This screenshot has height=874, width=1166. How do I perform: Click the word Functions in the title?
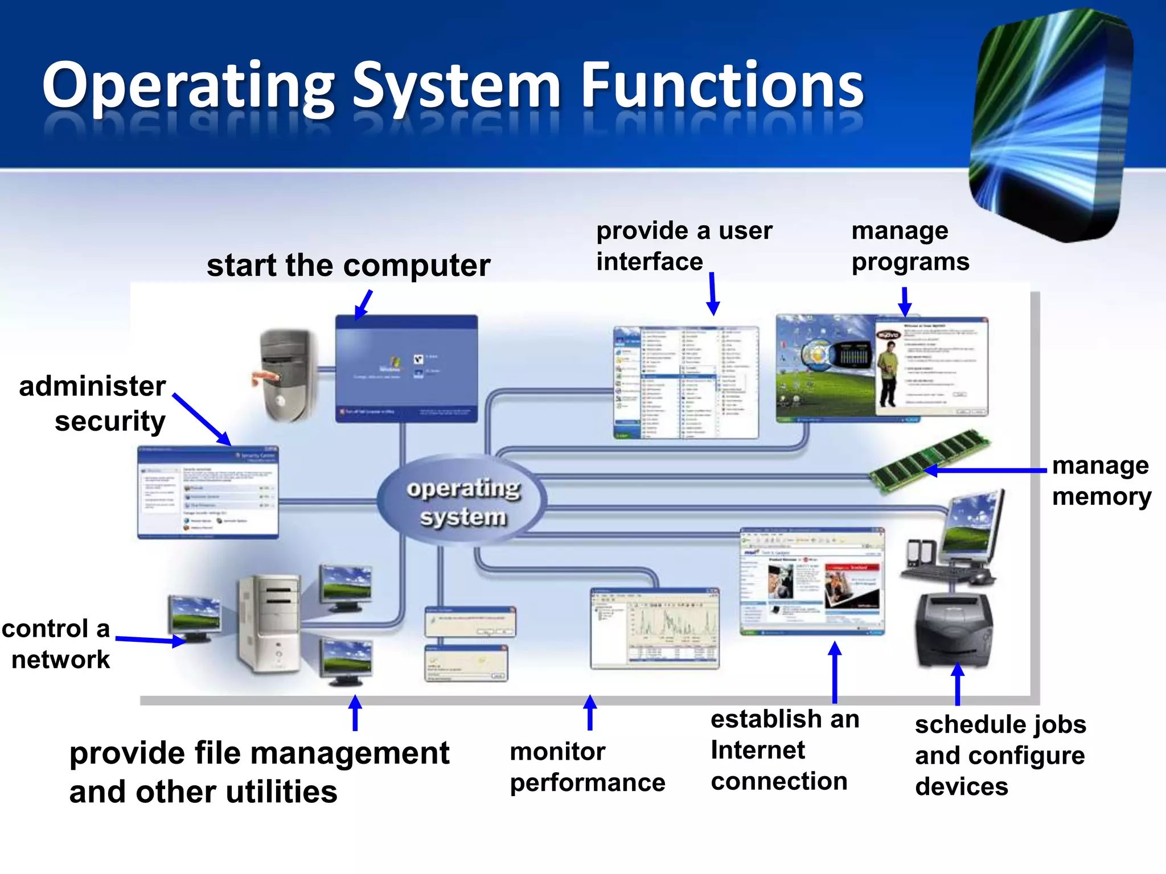click(x=721, y=85)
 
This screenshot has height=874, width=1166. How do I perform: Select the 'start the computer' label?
click(x=348, y=265)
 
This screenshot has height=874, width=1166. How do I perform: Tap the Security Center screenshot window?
click(x=208, y=493)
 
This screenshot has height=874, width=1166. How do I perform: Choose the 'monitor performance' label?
click(x=587, y=767)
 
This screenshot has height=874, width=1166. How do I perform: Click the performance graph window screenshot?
click(x=655, y=629)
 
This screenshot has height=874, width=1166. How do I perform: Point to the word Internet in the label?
click(x=758, y=750)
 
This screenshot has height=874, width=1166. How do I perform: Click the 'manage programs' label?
click(x=909, y=246)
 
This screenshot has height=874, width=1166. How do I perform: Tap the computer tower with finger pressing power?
click(x=288, y=376)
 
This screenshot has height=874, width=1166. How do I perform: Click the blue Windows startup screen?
click(x=406, y=369)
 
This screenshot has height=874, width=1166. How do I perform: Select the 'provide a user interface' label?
click(x=683, y=246)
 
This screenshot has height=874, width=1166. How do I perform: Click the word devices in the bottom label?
click(x=961, y=787)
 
